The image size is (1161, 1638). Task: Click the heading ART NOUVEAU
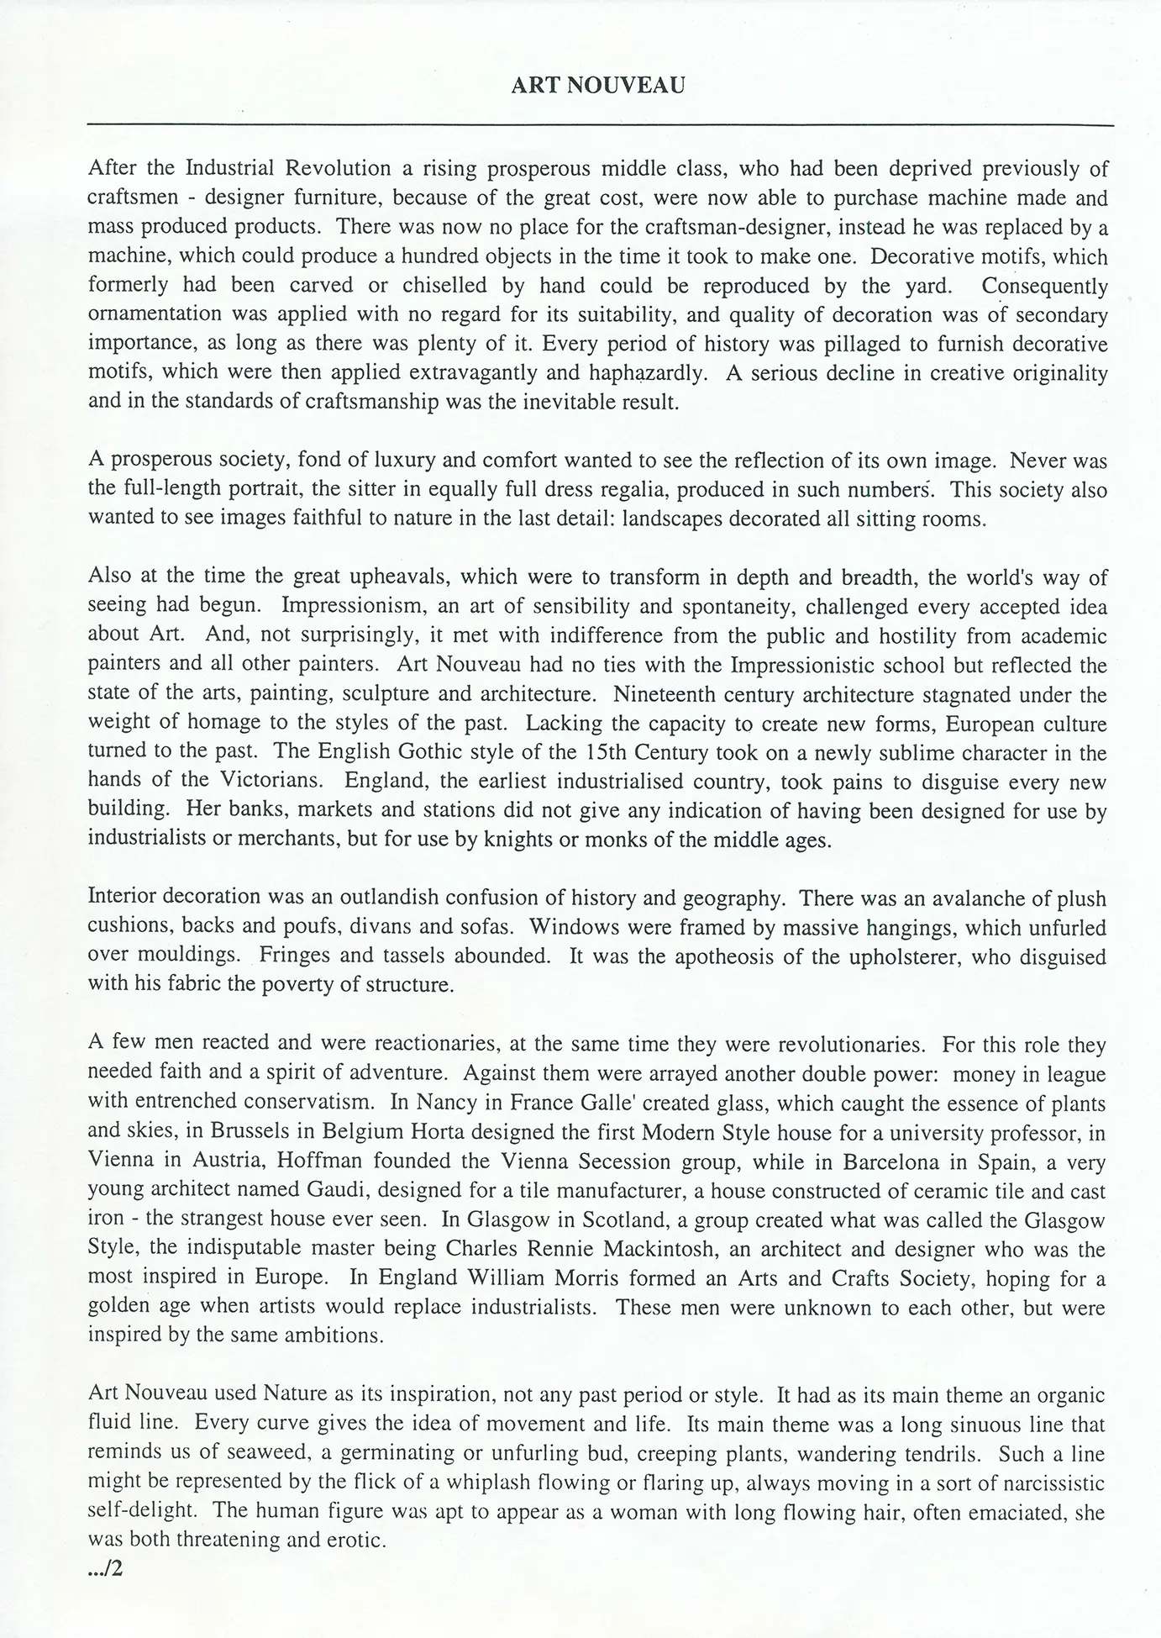click(x=597, y=86)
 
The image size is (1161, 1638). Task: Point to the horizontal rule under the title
click(x=600, y=125)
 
